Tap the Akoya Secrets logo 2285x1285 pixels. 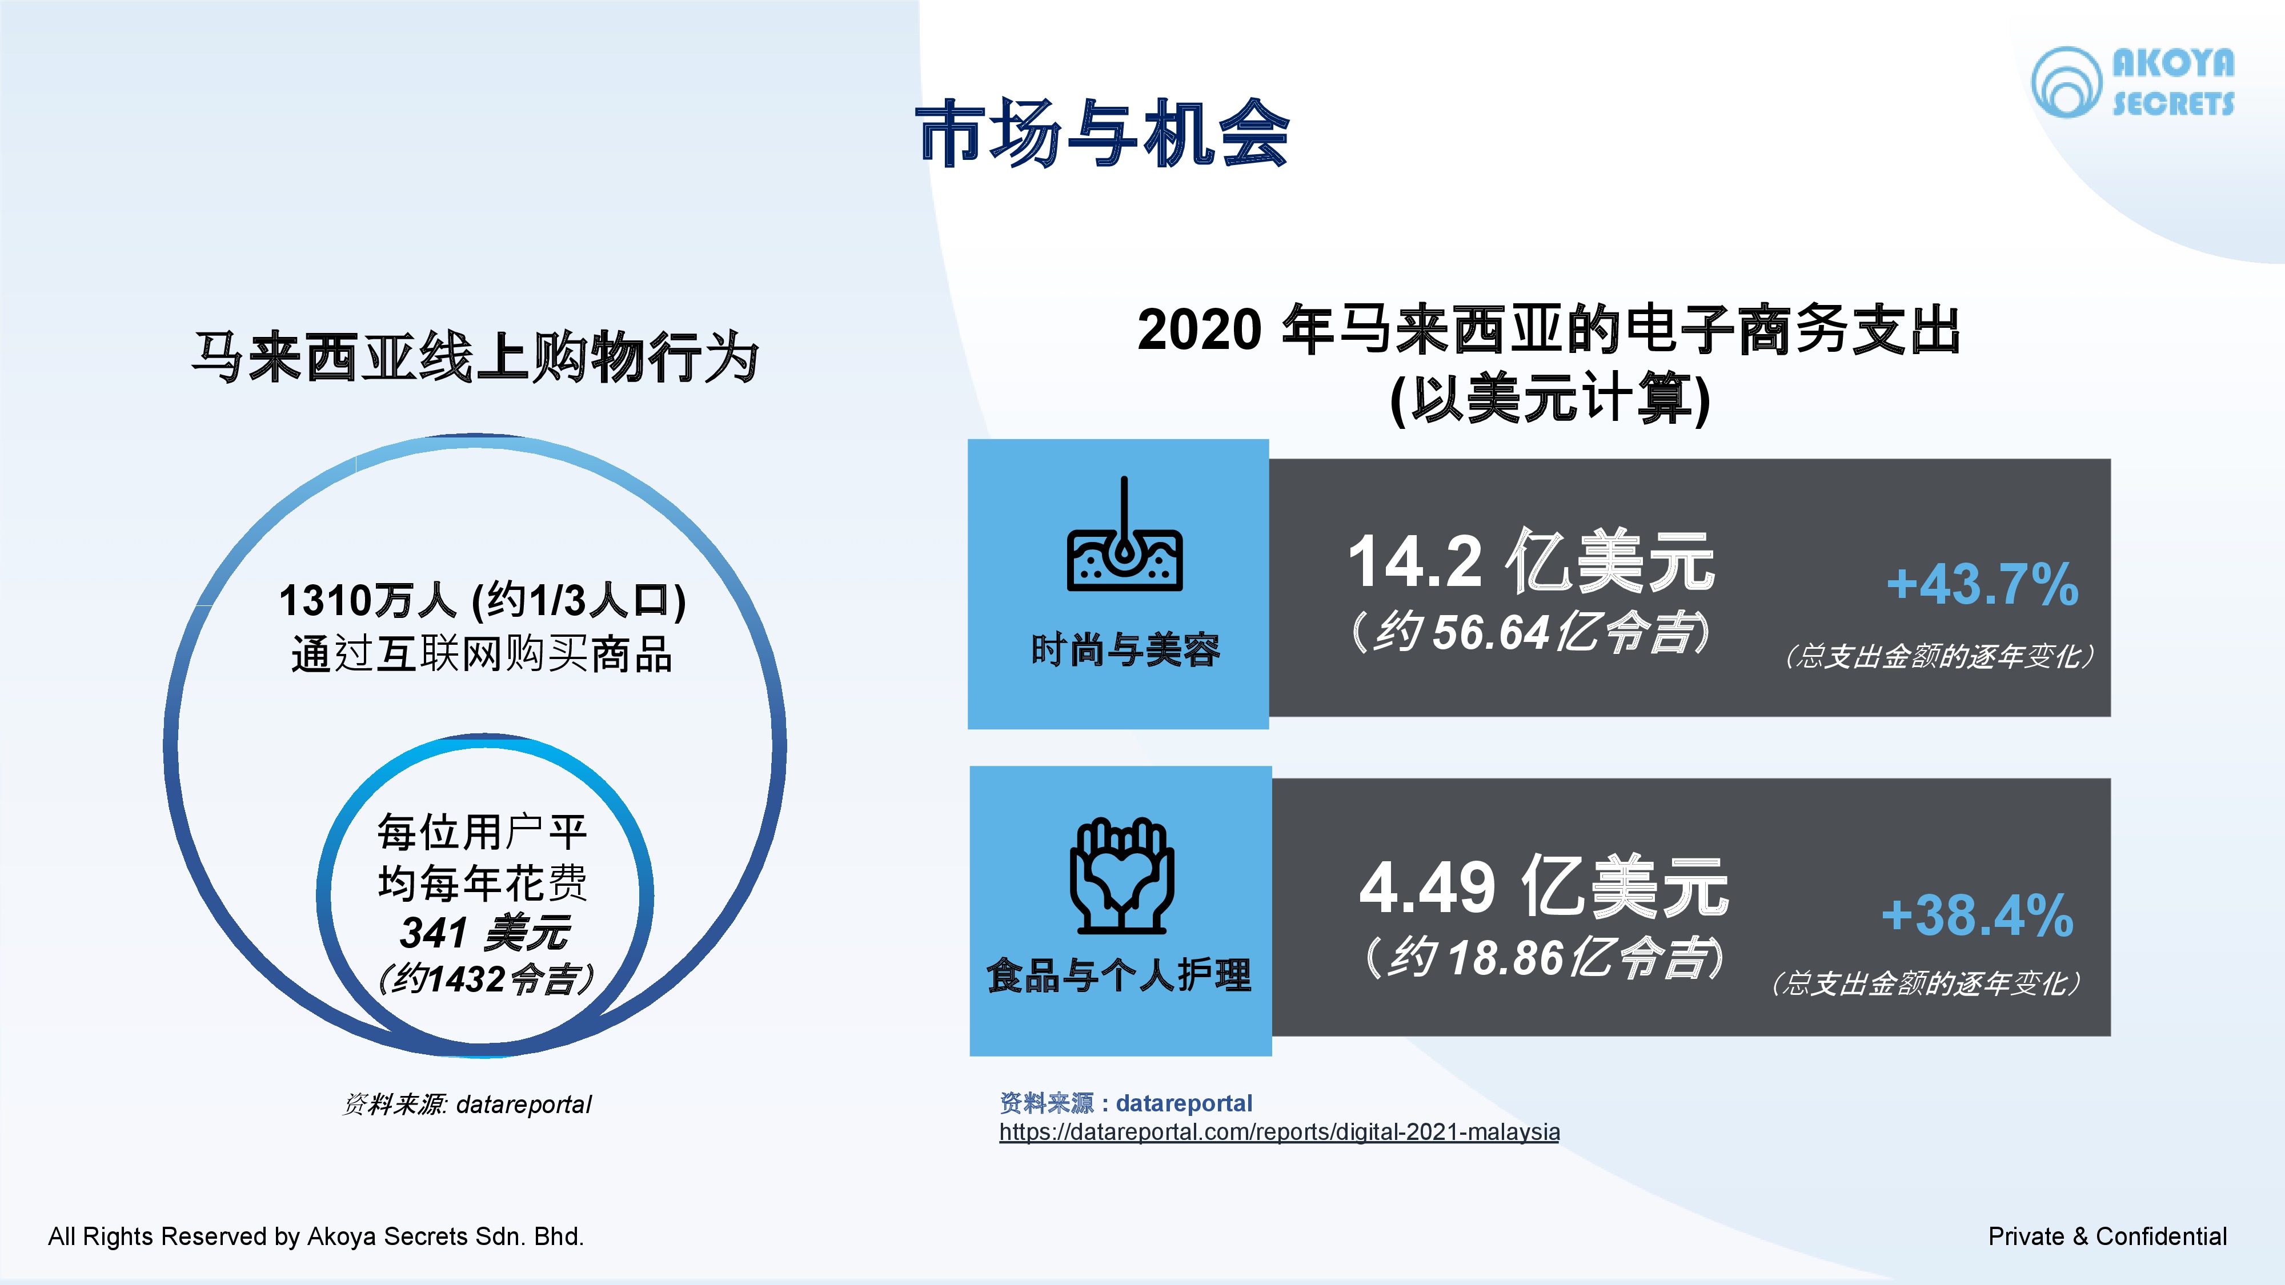tap(2132, 82)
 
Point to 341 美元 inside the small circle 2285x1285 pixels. tap(484, 932)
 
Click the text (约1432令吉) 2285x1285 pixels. tap(485, 979)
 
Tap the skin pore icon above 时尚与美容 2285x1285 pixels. tap(1124, 534)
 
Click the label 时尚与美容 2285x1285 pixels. tap(1125, 650)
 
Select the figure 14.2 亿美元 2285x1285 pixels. tap(1531, 560)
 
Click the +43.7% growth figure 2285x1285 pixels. tap(1982, 584)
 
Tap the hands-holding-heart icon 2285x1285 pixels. tap(1122, 876)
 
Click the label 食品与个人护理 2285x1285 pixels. tap(1120, 975)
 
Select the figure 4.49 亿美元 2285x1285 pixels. tap(1544, 887)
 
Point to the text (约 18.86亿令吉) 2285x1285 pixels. tap(1544, 958)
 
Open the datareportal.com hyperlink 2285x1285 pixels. tap(1279, 1133)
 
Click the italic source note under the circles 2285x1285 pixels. tap(467, 1104)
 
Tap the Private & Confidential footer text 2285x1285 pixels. tap(2107, 1236)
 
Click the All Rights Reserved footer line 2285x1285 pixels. tap(316, 1236)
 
